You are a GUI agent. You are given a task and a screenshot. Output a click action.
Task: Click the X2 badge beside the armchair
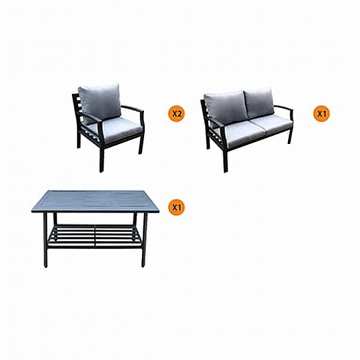click(176, 113)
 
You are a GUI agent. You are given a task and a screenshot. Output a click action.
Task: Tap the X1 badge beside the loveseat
click(321, 113)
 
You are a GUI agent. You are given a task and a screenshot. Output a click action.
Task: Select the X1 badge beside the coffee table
click(176, 207)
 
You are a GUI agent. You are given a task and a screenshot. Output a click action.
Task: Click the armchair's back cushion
click(100, 103)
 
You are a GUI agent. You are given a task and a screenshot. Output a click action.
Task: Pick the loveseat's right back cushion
click(260, 102)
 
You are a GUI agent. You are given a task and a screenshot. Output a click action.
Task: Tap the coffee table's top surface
click(95, 201)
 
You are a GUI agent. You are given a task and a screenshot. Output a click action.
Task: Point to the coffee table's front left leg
click(46, 239)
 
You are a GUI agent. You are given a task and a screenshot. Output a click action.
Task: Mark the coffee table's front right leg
click(144, 239)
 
